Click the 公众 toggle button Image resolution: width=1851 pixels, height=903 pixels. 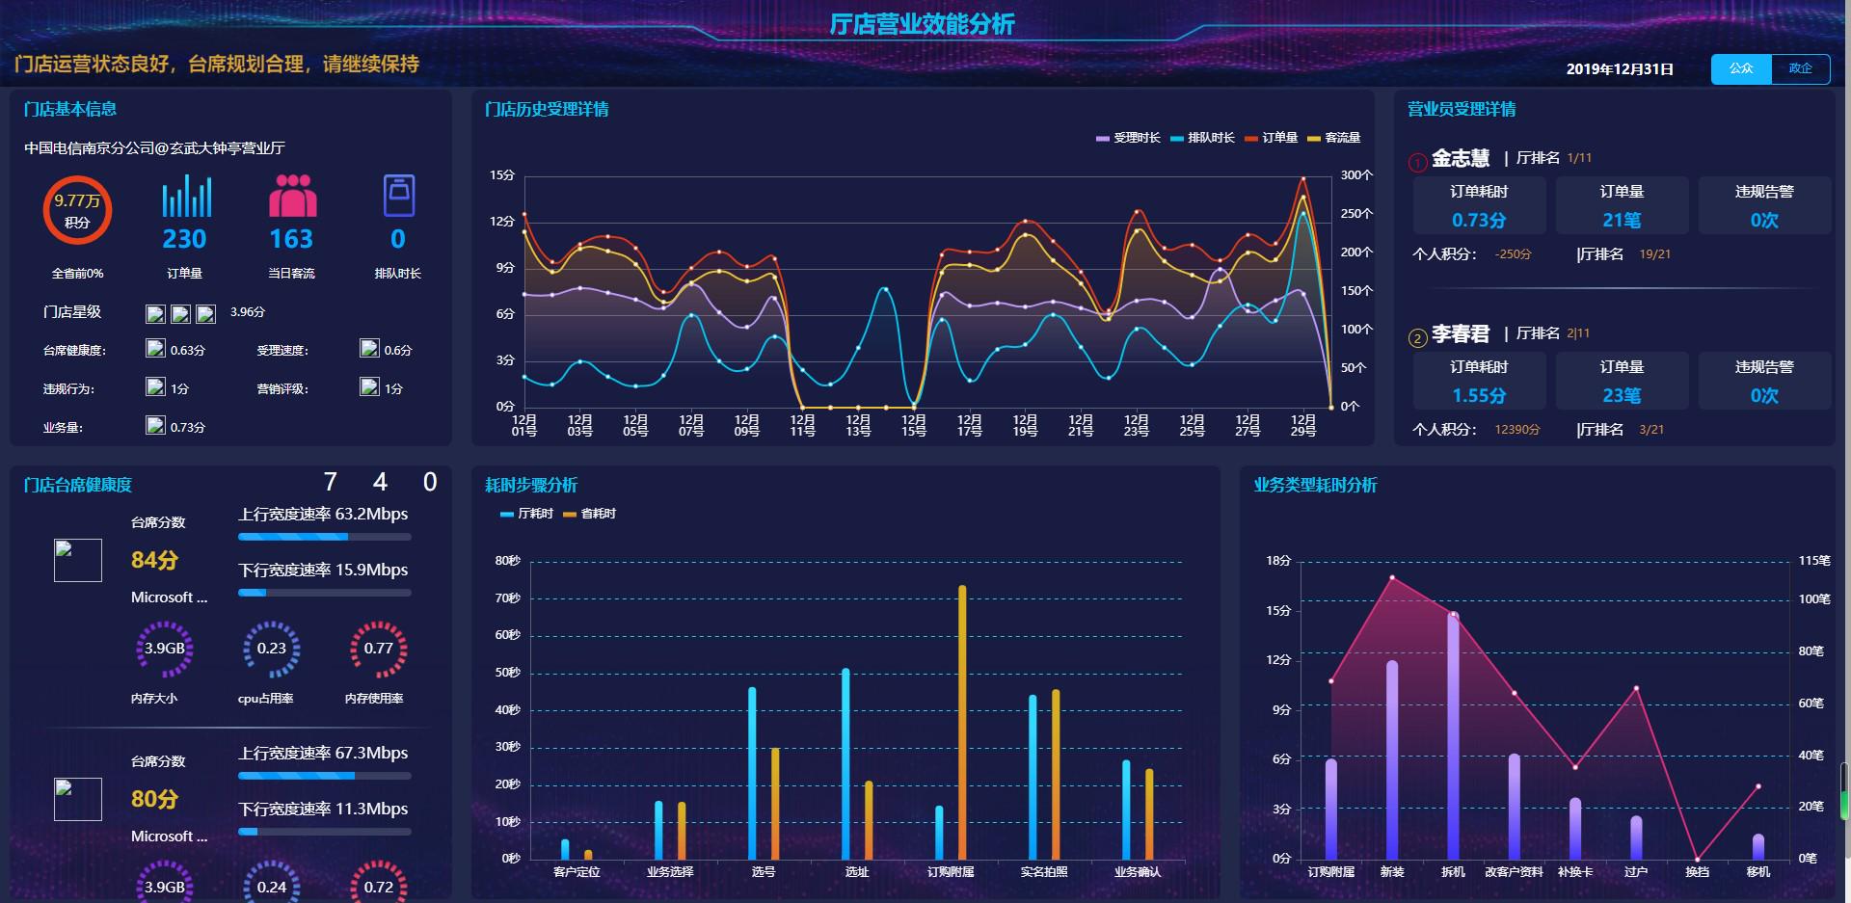[1741, 68]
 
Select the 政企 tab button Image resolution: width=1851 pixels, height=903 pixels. [1800, 68]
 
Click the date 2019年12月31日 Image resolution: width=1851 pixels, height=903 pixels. [1620, 69]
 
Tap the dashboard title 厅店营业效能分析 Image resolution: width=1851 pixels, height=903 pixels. [922, 24]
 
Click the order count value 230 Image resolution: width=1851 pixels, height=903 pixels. [184, 239]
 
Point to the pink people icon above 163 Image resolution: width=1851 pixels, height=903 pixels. [292, 196]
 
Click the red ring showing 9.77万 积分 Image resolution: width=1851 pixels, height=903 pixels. [77, 210]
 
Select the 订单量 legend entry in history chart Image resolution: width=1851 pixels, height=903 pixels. [1272, 138]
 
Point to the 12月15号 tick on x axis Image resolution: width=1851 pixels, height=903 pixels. [914, 425]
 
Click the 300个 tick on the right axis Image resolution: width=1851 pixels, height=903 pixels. [1355, 175]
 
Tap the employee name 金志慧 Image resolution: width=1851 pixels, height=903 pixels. [1461, 158]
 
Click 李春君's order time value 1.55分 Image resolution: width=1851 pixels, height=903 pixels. [1479, 395]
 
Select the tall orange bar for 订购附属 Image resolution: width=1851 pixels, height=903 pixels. [962, 723]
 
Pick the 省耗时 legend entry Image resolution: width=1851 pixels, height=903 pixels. [590, 514]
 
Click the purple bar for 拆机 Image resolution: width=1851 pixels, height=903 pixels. [1453, 735]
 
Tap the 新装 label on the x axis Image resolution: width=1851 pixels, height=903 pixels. [1392, 871]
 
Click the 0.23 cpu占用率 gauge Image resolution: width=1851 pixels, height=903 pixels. [272, 649]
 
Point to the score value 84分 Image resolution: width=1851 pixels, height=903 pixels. [154, 560]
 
